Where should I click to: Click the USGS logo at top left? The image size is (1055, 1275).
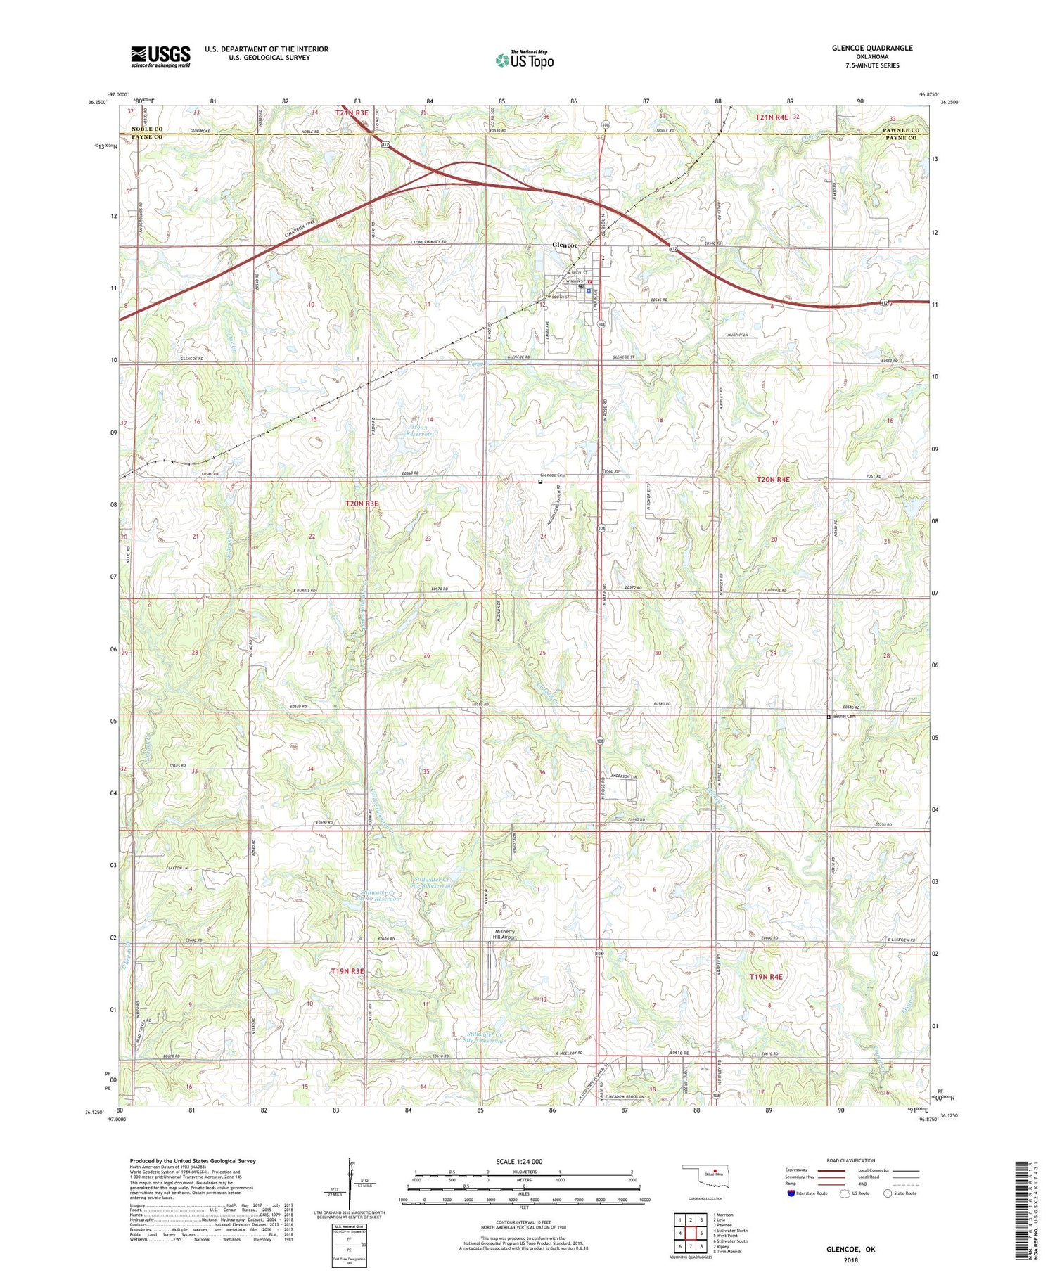[160, 56]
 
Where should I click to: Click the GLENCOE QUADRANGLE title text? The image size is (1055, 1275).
[871, 48]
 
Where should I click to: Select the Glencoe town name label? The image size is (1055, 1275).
[565, 245]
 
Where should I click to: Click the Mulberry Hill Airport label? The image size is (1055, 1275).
[504, 935]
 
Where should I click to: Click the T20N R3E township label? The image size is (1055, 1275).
[362, 504]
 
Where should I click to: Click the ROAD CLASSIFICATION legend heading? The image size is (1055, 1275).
[851, 1160]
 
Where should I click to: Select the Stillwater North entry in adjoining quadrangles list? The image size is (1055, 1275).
[731, 1229]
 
